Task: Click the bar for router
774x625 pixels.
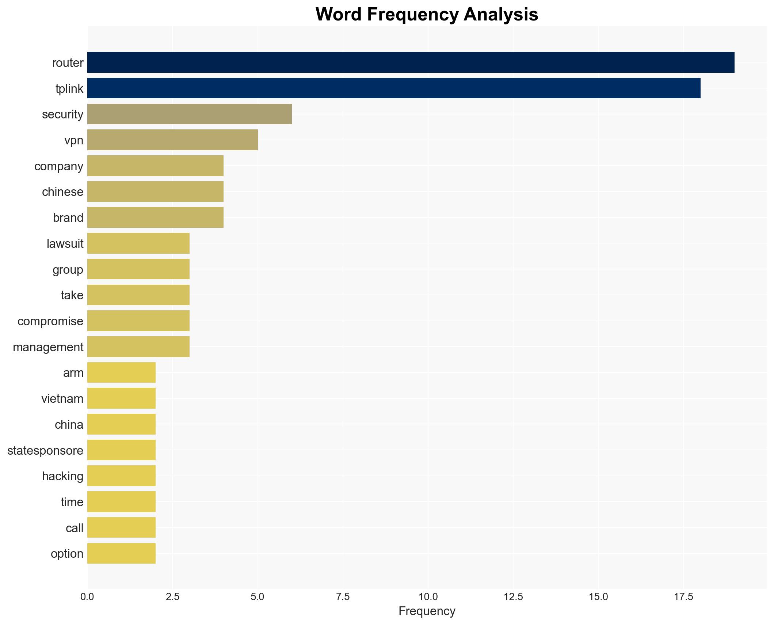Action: [411, 62]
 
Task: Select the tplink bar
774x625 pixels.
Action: [394, 88]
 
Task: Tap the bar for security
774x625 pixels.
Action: [189, 114]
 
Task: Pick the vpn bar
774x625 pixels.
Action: [172, 140]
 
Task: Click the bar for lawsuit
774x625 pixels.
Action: [138, 243]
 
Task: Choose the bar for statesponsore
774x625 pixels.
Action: [121, 450]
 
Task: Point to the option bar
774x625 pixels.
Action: [121, 554]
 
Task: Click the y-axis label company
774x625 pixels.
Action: [59, 166]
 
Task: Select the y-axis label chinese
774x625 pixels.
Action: [62, 192]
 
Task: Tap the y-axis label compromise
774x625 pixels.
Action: [50, 321]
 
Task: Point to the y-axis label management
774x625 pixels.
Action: [48, 347]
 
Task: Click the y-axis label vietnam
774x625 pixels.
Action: [62, 399]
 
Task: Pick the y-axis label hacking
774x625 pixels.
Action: [62, 476]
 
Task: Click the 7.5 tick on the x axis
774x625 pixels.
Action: [343, 597]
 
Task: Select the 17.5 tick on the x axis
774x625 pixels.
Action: [683, 597]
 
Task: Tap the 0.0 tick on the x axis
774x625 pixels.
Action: [87, 597]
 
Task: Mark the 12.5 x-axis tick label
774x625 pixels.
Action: [513, 597]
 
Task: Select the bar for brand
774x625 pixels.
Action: [155, 217]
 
